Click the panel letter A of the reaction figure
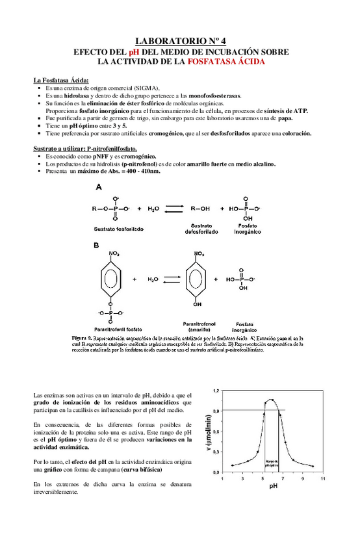click(99, 186)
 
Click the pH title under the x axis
click(273, 485)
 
